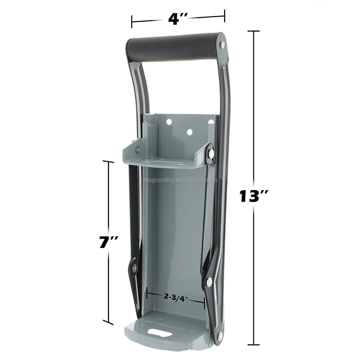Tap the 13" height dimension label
point(254,196)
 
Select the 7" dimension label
point(108,242)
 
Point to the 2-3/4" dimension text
point(176,297)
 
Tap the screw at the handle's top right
point(222,45)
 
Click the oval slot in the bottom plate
point(160,332)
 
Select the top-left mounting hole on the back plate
point(169,121)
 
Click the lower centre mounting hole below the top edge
point(189,132)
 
